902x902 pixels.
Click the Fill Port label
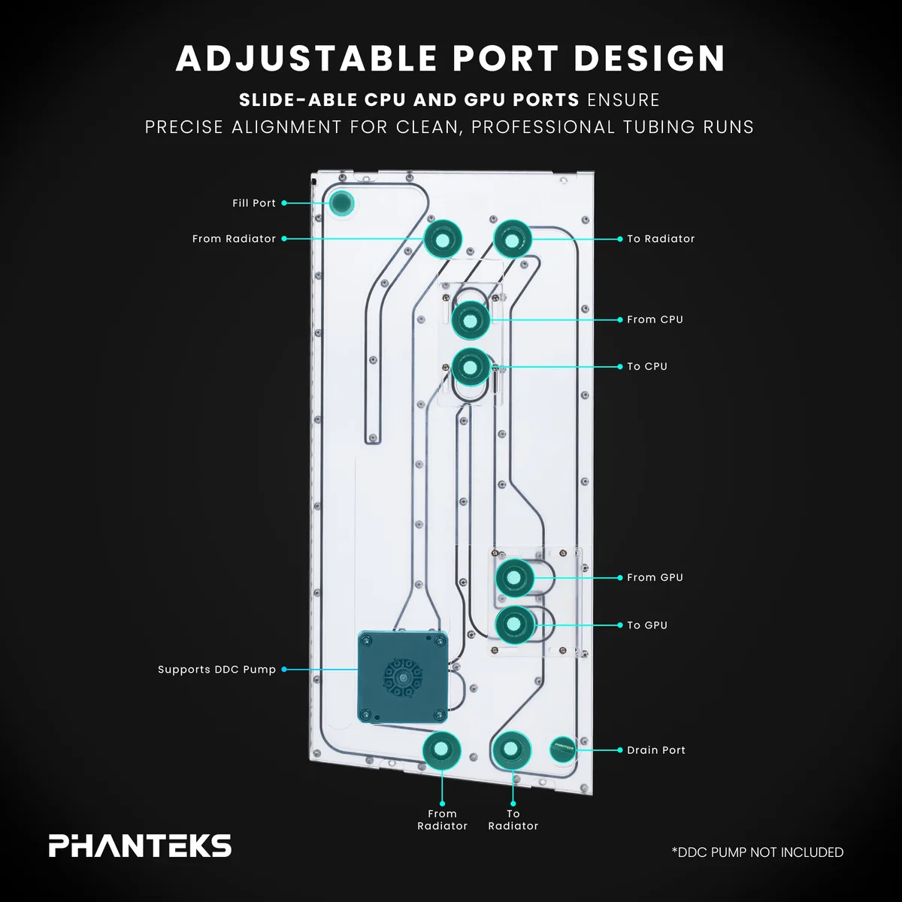pos(254,203)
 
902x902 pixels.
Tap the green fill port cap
pos(342,203)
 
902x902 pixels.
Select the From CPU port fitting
pos(471,320)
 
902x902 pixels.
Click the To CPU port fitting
pos(471,367)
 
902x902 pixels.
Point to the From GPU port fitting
pos(514,578)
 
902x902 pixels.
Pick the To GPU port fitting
pos(514,625)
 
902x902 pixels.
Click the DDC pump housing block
pos(403,676)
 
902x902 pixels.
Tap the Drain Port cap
pos(563,749)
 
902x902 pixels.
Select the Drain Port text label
pos(655,750)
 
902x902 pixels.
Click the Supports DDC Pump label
pos(216,670)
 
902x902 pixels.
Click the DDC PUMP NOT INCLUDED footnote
pos(758,852)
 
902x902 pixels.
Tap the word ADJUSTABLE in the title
pos(306,59)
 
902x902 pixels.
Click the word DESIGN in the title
pos(649,59)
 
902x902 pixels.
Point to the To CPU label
pos(647,367)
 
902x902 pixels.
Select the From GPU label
pos(655,577)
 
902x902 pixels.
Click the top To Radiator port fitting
pos(513,239)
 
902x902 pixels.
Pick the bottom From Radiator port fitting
pos(441,750)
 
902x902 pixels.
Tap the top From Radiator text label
pos(234,239)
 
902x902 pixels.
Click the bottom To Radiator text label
pos(513,819)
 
